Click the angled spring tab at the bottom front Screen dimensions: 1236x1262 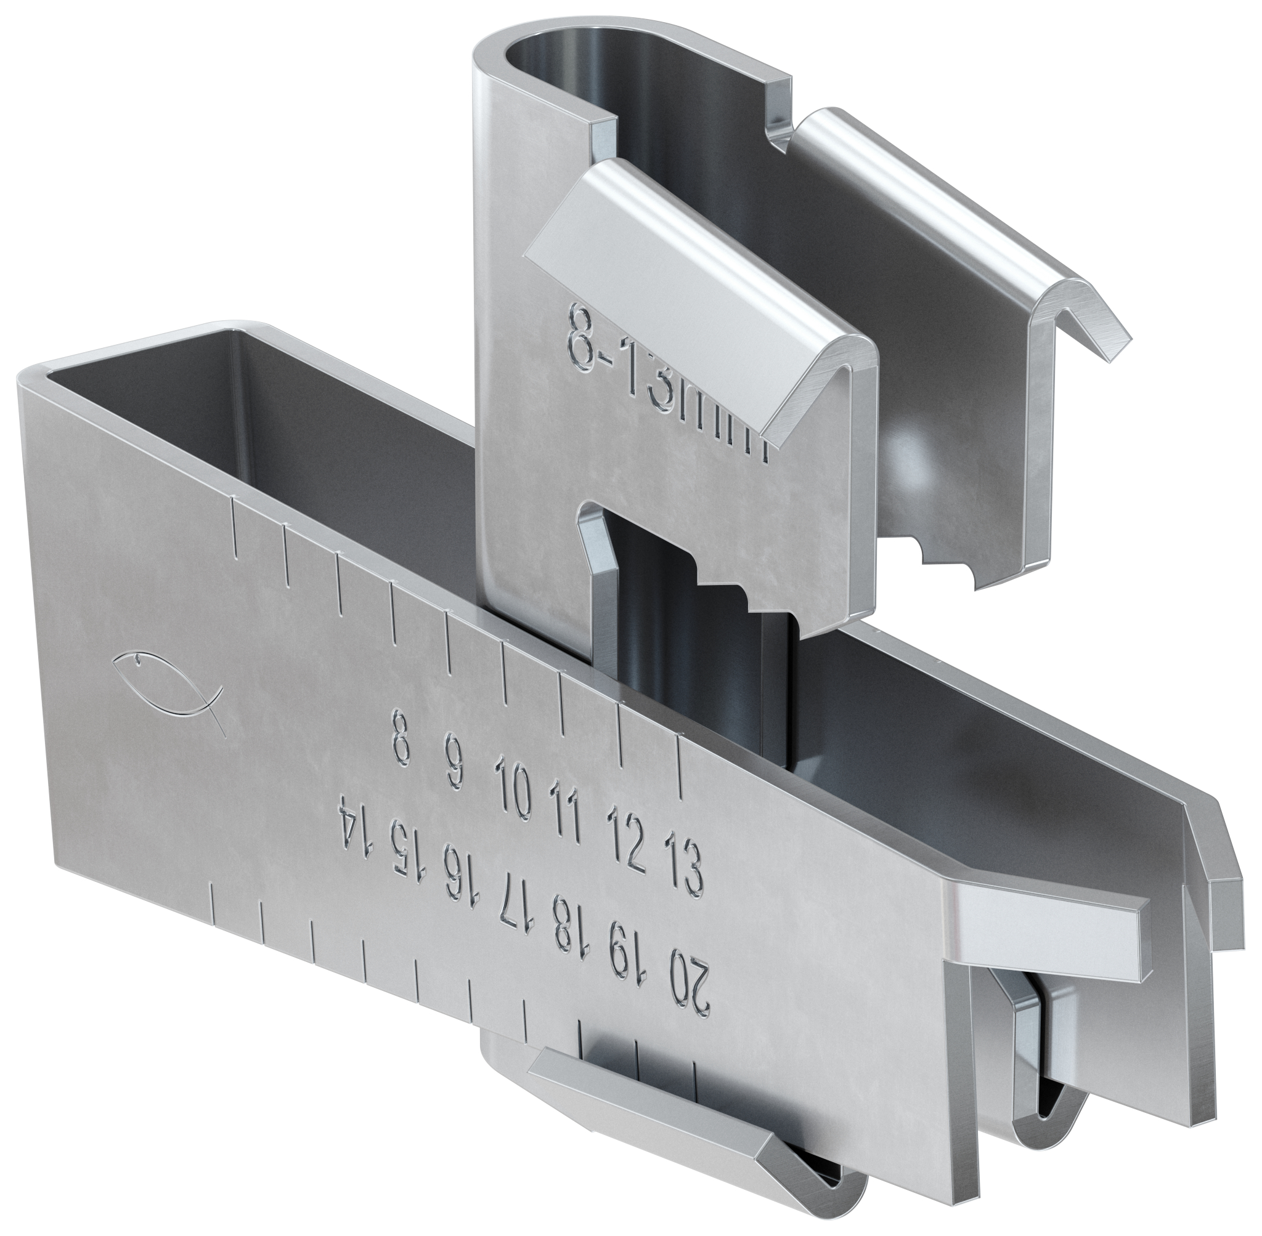point(656,1123)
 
